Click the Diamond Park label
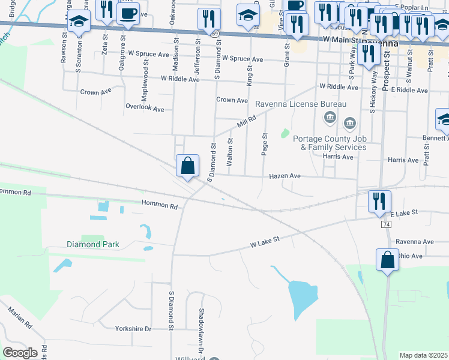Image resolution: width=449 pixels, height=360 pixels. pos(93,244)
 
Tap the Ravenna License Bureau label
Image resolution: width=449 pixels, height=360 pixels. pos(301,104)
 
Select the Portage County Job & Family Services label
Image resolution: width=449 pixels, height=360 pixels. pos(330,143)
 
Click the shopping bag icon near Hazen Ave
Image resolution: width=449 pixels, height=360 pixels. pos(187,165)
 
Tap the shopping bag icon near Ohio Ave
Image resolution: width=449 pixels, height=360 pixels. pos(387,260)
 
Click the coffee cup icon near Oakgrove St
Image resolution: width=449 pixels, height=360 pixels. pos(128,13)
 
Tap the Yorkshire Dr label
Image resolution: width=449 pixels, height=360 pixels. pos(133,329)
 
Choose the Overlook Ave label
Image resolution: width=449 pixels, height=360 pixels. pos(144,109)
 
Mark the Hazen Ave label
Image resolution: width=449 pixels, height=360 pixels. pos(285,176)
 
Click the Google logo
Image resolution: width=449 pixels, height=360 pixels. pos(20,353)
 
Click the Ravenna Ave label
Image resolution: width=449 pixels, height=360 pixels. pos(414,242)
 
